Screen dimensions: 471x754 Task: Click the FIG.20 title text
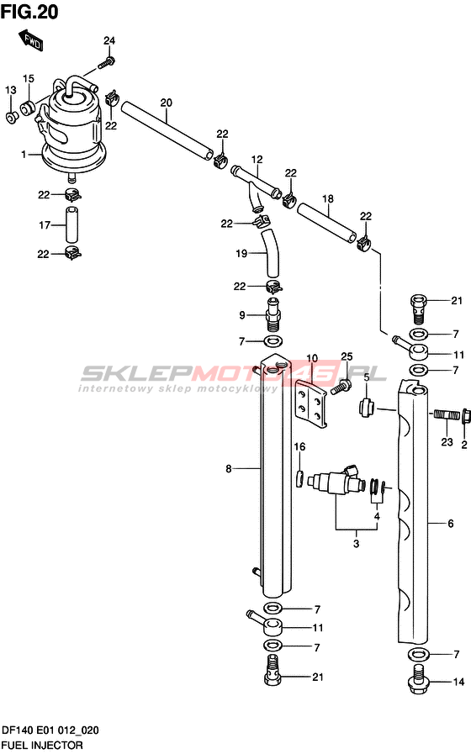coord(29,11)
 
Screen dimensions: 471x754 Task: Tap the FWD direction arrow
coord(31,40)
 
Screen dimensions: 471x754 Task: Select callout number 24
coord(109,41)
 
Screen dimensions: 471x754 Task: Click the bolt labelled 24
coord(107,62)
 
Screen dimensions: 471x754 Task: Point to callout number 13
coord(11,90)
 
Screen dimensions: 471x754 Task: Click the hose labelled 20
coord(167,129)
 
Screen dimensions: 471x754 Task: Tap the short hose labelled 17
coord(71,224)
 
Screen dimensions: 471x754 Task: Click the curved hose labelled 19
coord(269,253)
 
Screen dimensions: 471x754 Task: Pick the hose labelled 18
coord(326,222)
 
